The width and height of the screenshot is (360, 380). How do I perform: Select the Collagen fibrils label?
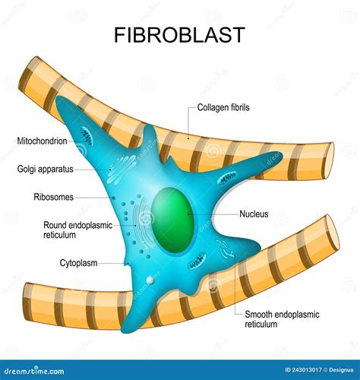point(223,108)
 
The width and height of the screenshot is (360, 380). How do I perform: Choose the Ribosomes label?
point(53,197)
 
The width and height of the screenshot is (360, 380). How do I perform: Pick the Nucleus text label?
point(254,214)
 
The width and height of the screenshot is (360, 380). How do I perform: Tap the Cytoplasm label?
point(77,263)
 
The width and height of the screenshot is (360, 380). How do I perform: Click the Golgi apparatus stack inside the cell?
point(121,169)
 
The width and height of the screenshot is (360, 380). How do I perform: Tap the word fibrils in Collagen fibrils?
point(237,108)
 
